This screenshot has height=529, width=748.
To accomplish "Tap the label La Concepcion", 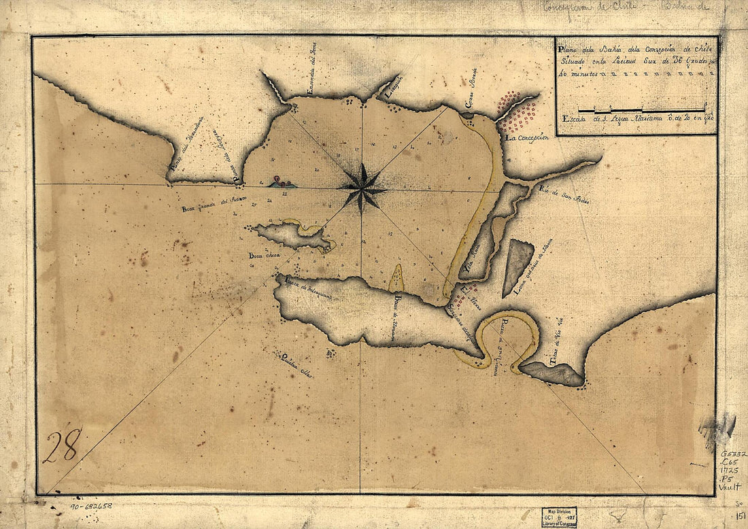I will click(526, 137).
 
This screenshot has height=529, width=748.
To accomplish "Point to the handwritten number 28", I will click(62, 445).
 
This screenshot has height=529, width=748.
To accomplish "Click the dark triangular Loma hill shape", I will click(517, 267).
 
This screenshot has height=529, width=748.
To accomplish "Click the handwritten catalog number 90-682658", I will click(92, 506).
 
